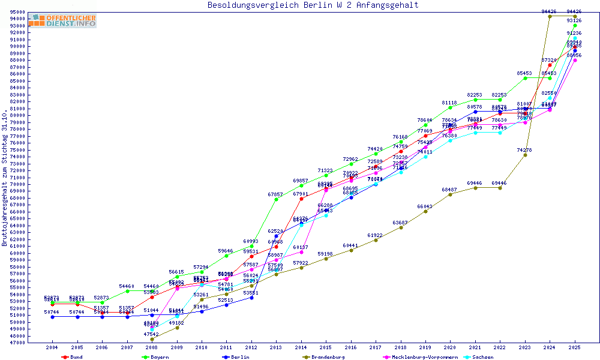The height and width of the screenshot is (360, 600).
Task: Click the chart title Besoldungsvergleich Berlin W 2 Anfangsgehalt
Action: tap(313, 5)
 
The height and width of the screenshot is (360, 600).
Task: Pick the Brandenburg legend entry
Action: tap(328, 357)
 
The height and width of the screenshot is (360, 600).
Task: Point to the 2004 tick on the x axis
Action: tap(53, 347)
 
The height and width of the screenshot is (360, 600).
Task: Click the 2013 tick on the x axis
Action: tap(276, 347)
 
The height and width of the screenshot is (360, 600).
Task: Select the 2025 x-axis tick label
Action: tap(575, 347)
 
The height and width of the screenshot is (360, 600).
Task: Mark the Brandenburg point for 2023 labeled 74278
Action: tap(525, 155)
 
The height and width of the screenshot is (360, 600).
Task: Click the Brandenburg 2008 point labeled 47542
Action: tap(152, 339)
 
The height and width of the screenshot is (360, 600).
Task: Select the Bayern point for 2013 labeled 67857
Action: tap(276, 199)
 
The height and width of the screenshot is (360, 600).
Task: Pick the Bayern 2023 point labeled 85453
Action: tap(525, 78)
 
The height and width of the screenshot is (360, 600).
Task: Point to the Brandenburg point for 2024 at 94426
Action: tap(550, 16)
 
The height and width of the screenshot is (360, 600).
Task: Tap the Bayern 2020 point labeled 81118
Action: tap(450, 107)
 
